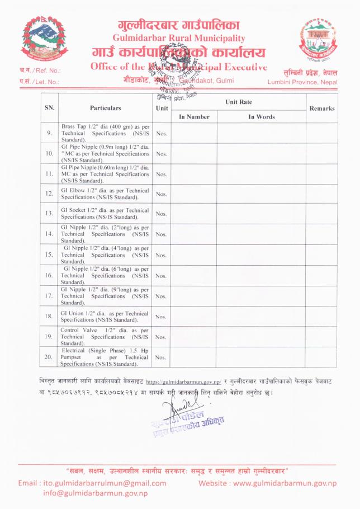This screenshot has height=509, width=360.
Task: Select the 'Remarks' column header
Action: pyautogui.click(x=321, y=108)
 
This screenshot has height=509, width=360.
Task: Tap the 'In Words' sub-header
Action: pyautogui.click(x=261, y=117)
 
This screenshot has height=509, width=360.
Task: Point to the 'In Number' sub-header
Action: pyautogui.click(x=194, y=117)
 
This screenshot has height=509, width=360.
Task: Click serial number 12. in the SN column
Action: pyautogui.click(x=49, y=194)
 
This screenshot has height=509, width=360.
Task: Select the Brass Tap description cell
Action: pyautogui.click(x=105, y=133)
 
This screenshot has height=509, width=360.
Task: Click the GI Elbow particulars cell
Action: pyautogui.click(x=105, y=194)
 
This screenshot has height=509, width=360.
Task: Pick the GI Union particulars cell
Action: pyautogui.click(x=105, y=316)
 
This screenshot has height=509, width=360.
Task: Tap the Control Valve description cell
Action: pyautogui.click(x=105, y=337)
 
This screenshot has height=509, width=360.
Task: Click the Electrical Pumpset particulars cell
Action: pyautogui.click(x=105, y=357)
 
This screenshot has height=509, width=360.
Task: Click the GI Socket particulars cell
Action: pyautogui.click(x=105, y=214)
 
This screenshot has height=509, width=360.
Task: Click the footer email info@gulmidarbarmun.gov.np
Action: pyautogui.click(x=95, y=493)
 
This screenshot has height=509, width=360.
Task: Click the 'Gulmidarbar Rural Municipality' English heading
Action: pyautogui.click(x=179, y=37)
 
